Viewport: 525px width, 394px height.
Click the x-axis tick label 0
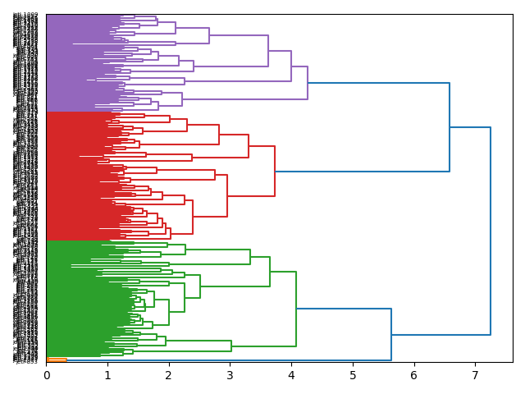point(47,375)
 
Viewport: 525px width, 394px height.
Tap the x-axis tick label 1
point(107,375)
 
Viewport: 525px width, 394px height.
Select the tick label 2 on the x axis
point(169,375)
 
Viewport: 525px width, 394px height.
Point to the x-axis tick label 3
point(230,375)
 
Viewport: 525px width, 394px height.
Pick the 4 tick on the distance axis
point(291,375)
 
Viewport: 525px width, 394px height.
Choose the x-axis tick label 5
point(353,375)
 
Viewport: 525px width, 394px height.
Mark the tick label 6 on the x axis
point(413,375)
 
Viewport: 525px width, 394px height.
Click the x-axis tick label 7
point(475,375)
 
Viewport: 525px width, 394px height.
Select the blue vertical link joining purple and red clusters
point(450,127)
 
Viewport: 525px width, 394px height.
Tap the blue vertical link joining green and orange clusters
point(391,334)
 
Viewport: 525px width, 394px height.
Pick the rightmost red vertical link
point(275,172)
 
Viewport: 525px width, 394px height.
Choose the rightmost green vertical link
point(296,309)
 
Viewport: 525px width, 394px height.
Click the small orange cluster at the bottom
point(57,360)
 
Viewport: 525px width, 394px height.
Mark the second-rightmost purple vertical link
point(291,66)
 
